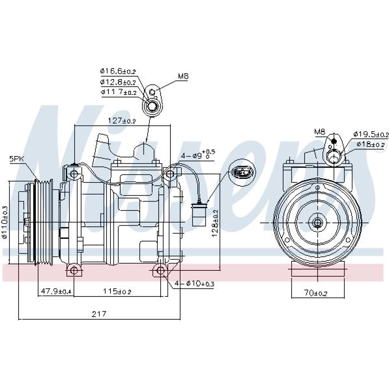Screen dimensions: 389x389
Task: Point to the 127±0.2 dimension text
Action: coord(122,121)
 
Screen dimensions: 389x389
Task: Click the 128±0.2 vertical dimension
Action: coord(216,222)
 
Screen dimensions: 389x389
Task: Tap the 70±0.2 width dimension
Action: coord(315,293)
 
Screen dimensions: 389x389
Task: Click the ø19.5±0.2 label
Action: coord(371,134)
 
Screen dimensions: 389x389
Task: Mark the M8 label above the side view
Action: coord(183,77)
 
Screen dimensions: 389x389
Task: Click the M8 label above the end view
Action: coord(319,132)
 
